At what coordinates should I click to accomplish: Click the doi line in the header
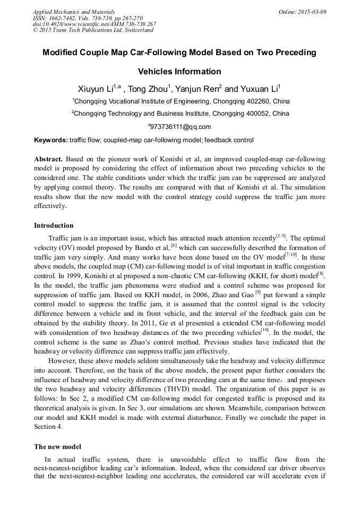coord(94,24)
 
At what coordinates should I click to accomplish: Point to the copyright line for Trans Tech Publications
coord(93,30)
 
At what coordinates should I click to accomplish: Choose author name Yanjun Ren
coord(200,88)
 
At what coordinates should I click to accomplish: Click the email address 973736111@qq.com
coord(181,127)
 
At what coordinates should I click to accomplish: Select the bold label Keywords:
coord(51,140)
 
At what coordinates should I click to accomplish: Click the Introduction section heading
coord(54,226)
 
